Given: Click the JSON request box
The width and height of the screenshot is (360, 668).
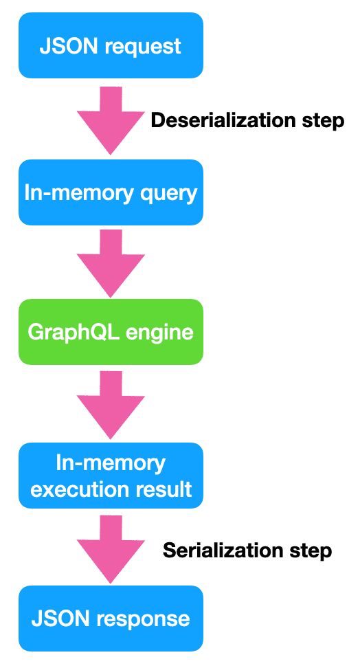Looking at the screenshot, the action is [x=111, y=45].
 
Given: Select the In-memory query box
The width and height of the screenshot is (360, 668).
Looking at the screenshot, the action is [x=111, y=192].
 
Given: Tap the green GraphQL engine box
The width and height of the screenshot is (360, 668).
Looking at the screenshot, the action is [x=111, y=332].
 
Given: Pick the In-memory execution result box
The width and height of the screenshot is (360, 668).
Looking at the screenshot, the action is [x=111, y=476].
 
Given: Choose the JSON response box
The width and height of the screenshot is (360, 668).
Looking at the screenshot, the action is [x=111, y=619].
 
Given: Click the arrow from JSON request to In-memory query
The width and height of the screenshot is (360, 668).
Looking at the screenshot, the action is [x=111, y=120].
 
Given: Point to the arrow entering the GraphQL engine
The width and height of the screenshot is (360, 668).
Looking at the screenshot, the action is [x=111, y=263].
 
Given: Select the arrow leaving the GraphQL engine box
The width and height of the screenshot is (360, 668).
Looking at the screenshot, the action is [x=111, y=405].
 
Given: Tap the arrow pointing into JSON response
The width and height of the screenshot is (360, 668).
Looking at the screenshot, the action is [x=111, y=549].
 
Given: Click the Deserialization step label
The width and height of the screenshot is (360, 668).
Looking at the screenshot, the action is [x=247, y=121].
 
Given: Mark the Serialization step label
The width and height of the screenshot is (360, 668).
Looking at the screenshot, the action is [x=247, y=550].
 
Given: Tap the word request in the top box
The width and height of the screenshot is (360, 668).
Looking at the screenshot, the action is [x=143, y=47].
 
